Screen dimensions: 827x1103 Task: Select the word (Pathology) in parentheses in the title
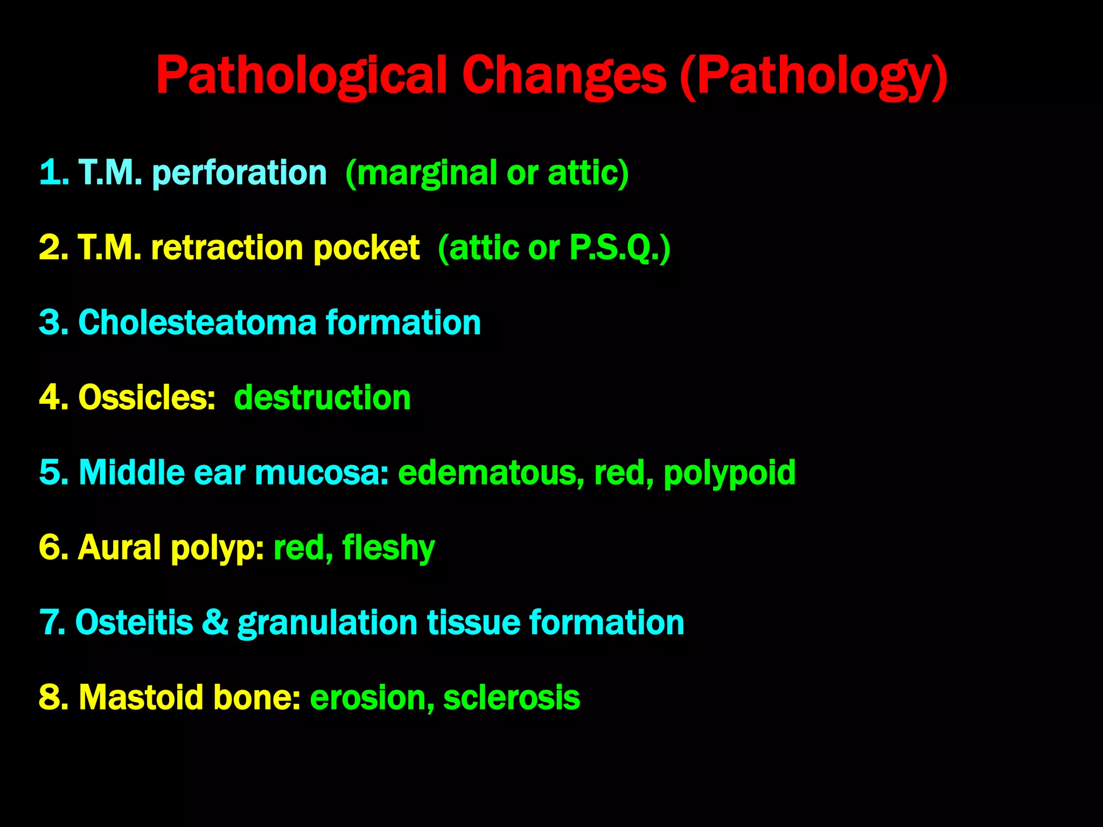[813, 76]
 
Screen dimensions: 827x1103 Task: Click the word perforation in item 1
[240, 173]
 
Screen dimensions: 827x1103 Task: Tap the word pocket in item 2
[366, 249]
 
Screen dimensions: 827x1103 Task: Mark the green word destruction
[322, 397]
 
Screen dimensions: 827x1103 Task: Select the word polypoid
[729, 473]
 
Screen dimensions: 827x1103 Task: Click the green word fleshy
[388, 548]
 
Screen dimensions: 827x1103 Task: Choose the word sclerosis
[512, 697]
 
